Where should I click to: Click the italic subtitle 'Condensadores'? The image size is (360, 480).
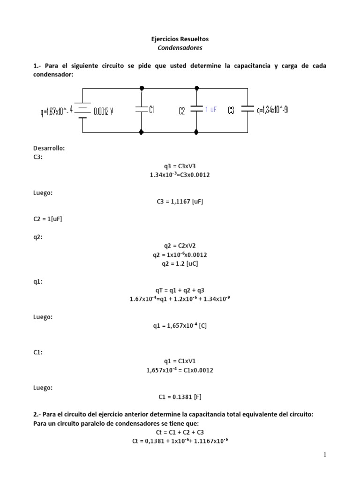180,48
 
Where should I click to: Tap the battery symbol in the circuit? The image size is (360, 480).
82,111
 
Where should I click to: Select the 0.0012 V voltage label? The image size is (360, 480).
104,111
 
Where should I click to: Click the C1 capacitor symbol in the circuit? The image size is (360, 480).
142,109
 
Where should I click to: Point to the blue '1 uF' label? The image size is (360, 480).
211,109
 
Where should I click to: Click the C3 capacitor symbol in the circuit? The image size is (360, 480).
247,109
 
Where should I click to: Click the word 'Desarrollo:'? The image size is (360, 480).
49,148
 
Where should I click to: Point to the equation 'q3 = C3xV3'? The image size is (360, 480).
180,166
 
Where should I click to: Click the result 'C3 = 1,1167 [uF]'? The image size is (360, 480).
180,202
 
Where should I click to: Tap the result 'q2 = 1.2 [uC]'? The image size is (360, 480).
180,263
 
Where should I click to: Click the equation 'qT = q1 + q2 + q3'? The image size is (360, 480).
180,290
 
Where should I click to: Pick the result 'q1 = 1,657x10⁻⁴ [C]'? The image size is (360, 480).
180,326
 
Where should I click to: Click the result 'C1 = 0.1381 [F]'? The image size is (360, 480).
180,397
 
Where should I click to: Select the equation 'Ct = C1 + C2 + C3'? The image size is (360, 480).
180,432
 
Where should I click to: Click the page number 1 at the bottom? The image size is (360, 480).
324,455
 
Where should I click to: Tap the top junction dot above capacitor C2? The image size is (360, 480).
196,87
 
